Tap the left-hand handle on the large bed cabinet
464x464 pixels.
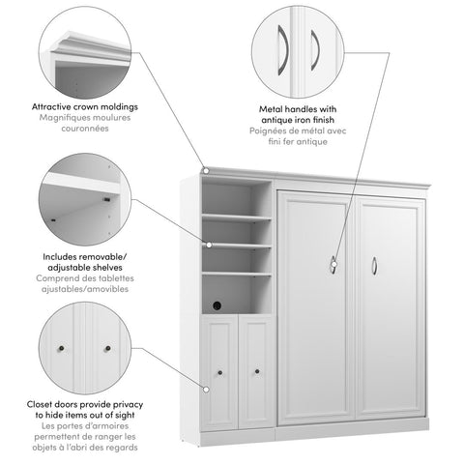(334, 259)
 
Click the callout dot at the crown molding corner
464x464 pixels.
(204, 172)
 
